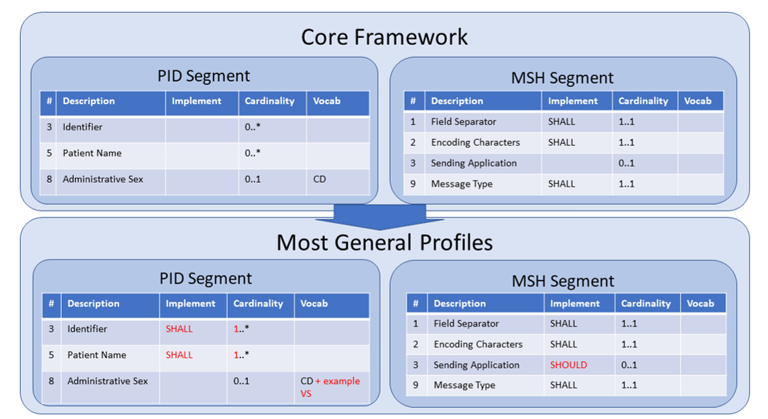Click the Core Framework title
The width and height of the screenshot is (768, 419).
coord(384,36)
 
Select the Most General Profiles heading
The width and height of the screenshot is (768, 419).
coord(384,242)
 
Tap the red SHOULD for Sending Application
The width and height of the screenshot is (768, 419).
coord(568,365)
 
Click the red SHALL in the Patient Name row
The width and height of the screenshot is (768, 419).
coord(179,355)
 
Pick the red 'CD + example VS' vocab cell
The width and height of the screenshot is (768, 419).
coord(330,387)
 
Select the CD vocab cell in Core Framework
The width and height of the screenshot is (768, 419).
coord(320,179)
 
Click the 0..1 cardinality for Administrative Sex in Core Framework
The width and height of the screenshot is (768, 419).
coord(253,179)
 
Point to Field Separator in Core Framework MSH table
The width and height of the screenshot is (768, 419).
coord(464,122)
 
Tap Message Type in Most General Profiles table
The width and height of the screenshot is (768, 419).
coord(464,385)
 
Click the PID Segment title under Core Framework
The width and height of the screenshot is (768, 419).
coord(204,76)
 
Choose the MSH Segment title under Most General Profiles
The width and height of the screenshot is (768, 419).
coord(563,281)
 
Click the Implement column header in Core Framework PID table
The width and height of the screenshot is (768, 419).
coord(196,101)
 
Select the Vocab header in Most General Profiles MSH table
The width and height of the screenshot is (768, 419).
coord(700,303)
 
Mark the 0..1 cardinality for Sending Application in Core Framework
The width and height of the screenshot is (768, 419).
coord(627,163)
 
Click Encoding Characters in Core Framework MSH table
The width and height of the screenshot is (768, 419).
coord(475,143)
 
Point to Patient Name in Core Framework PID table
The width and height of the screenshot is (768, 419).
coord(92,153)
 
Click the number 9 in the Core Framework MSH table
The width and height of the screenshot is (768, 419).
coord(413,184)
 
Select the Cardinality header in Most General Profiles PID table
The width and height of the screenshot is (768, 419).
coord(258,303)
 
